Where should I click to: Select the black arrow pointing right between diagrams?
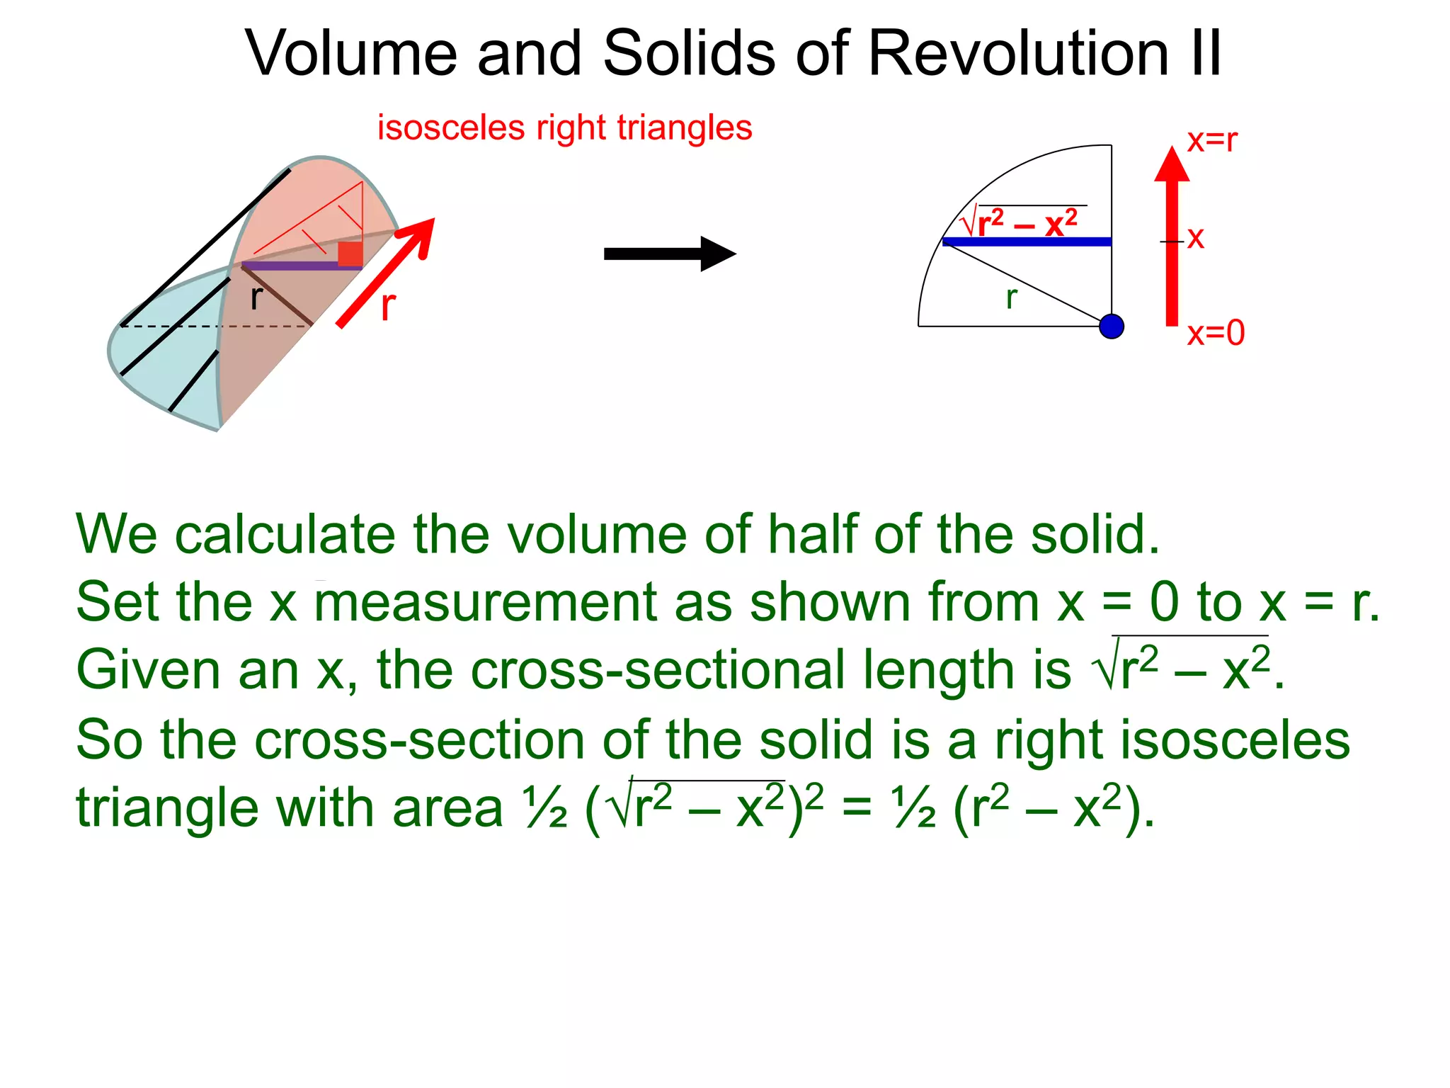(669, 254)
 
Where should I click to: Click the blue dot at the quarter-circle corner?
(1112, 327)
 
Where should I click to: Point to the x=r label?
(1212, 140)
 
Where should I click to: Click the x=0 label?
(1216, 333)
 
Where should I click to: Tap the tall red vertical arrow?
(1172, 241)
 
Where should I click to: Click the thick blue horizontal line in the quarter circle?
(1027, 242)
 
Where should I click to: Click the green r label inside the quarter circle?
(1012, 297)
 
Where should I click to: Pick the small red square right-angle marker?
(350, 254)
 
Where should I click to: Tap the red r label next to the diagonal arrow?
(388, 306)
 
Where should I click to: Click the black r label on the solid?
(256, 297)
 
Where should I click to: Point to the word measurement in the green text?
(486, 602)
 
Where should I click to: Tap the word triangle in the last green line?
(167, 808)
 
